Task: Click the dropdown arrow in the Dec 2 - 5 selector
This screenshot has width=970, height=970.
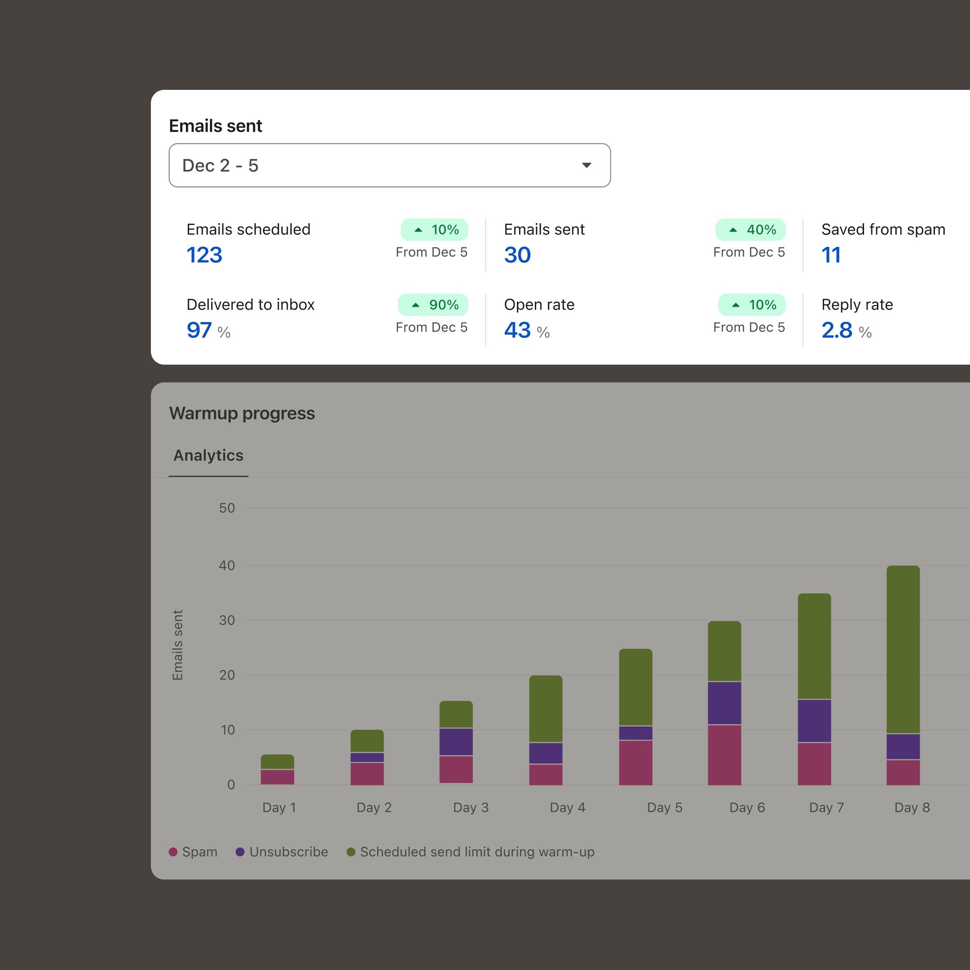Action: point(586,165)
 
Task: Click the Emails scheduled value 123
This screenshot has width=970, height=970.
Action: point(204,255)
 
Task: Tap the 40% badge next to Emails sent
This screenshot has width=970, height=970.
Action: point(750,230)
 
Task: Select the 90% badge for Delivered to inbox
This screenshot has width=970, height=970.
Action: point(433,305)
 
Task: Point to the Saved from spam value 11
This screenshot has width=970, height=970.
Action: point(831,255)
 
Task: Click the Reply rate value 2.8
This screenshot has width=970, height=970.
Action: point(837,331)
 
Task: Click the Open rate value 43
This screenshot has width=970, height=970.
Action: point(517,331)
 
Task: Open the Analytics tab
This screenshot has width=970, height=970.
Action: point(208,455)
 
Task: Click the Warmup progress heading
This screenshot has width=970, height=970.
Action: point(242,413)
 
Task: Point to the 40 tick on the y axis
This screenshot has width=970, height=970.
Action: point(227,565)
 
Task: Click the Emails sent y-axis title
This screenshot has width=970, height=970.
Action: point(178,645)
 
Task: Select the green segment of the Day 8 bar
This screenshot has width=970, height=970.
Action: point(903,649)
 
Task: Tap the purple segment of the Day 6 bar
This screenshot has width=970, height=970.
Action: point(724,703)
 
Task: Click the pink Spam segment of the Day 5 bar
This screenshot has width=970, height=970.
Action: point(635,762)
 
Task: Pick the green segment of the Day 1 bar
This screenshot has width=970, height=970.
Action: point(277,761)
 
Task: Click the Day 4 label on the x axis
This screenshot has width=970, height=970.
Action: point(567,807)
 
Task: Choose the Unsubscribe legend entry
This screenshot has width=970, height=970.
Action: point(282,852)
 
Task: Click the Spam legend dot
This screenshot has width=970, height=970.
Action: point(173,852)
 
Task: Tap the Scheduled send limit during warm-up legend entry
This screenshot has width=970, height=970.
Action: point(471,852)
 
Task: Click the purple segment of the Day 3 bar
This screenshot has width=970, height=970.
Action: point(456,741)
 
